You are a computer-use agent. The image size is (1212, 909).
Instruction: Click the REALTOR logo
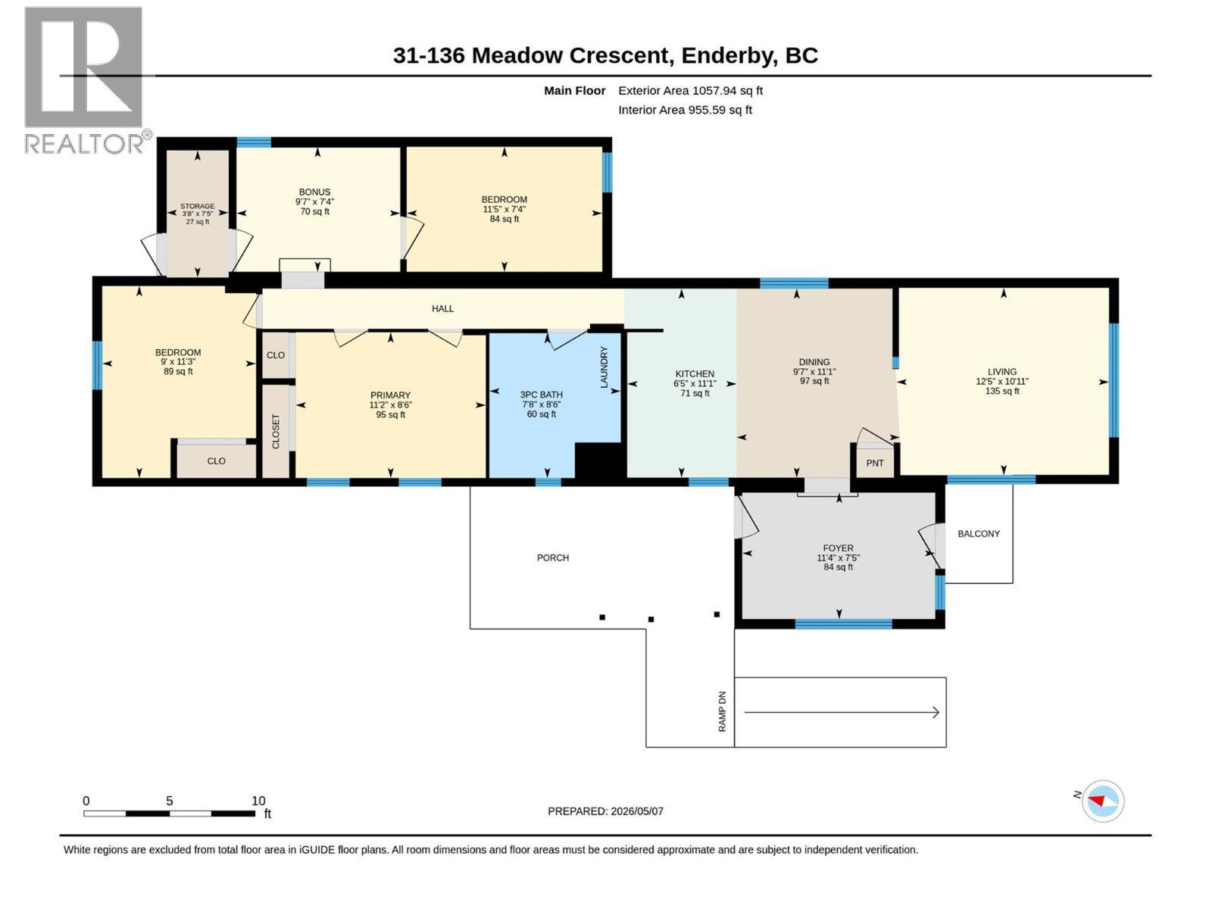85,80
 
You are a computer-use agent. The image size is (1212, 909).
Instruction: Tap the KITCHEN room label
694,373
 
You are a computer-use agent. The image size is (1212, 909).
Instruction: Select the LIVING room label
1001,371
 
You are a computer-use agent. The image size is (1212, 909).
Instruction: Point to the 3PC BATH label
541,395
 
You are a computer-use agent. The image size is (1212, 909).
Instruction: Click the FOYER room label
838,548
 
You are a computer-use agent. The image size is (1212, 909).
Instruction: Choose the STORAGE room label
197,206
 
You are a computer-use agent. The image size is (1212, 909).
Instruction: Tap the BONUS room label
314,192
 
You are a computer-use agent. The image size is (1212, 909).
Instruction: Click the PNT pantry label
875,463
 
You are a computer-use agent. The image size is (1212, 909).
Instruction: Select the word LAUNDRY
604,367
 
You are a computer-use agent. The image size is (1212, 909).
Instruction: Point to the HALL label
442,308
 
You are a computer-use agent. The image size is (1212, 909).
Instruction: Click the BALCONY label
979,534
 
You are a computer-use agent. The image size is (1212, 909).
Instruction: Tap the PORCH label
553,558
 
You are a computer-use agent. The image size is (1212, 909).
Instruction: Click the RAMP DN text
722,711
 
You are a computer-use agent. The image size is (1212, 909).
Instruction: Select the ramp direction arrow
842,713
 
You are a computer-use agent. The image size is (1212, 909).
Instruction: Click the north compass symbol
1103,801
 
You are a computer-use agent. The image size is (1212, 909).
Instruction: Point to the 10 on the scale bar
258,801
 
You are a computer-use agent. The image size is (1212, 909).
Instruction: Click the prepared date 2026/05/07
636,811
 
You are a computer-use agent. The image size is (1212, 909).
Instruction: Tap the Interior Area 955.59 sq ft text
685,110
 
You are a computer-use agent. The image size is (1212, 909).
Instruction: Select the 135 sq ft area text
1002,391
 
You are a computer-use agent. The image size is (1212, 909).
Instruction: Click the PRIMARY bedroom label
390,395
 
